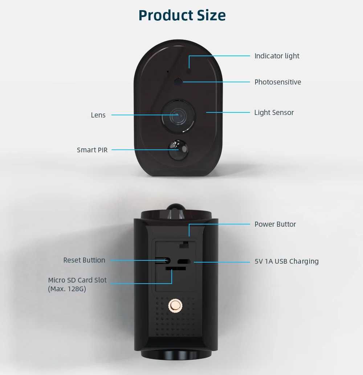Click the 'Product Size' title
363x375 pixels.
[x=182, y=15]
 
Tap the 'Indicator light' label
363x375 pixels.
[x=277, y=56]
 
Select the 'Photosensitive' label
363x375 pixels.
[x=278, y=82]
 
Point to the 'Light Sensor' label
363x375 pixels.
[x=274, y=112]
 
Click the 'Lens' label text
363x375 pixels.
[x=98, y=115]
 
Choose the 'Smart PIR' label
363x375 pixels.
[x=92, y=150]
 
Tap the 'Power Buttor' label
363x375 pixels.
[x=275, y=224]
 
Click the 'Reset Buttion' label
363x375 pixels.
[x=84, y=260]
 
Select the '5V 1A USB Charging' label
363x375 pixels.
[x=286, y=261]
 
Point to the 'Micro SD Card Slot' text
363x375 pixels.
[x=77, y=280]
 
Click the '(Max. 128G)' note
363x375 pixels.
[x=67, y=289]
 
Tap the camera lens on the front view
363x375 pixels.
[x=177, y=115]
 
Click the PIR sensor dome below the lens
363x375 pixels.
[x=178, y=149]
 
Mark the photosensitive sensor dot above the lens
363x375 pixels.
[x=178, y=82]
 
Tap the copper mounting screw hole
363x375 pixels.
[x=175, y=306]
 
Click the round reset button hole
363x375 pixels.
[x=167, y=260]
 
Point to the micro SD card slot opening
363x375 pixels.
[x=176, y=268]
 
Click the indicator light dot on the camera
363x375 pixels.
[x=189, y=71]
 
